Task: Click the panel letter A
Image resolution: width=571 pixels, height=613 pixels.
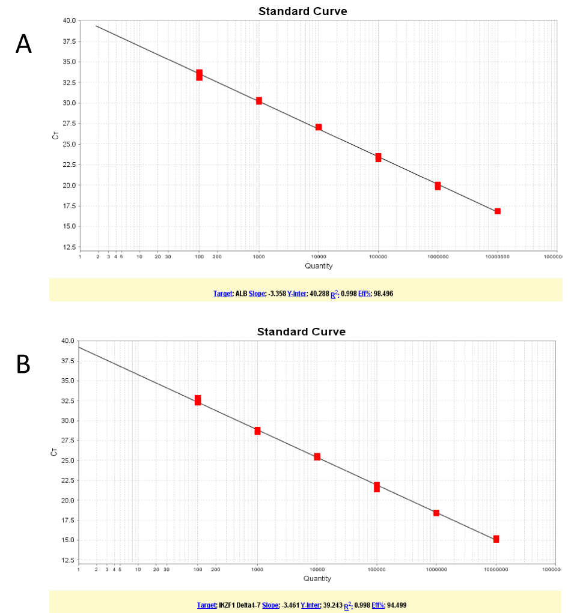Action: (x=23, y=44)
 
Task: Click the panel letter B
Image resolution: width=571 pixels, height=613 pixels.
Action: (x=23, y=364)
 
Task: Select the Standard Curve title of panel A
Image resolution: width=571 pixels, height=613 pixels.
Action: (x=302, y=11)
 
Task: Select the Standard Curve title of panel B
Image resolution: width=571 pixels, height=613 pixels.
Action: (x=301, y=331)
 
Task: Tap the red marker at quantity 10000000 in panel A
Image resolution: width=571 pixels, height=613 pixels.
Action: (x=498, y=211)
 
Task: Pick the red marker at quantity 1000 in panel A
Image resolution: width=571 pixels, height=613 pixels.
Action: (x=259, y=101)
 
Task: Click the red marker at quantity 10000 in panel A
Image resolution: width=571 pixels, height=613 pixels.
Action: (x=319, y=127)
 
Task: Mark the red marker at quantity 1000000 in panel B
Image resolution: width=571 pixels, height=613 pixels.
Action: (x=436, y=513)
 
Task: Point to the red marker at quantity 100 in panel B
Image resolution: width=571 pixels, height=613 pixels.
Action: (x=198, y=400)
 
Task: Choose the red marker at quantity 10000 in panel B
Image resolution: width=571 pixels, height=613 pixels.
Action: (x=317, y=457)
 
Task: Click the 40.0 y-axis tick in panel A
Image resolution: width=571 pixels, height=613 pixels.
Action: (x=69, y=20)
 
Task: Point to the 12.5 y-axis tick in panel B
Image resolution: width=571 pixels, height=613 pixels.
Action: (x=68, y=560)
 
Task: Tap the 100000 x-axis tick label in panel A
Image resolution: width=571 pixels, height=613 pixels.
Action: (x=378, y=256)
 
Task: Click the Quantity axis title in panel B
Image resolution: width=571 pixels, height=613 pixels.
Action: (x=317, y=579)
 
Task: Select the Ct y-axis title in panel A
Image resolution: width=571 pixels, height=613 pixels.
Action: (x=56, y=136)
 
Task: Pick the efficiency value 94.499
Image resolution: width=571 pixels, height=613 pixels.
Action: (x=397, y=605)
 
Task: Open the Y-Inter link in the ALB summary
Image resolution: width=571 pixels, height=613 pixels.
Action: (x=298, y=294)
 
